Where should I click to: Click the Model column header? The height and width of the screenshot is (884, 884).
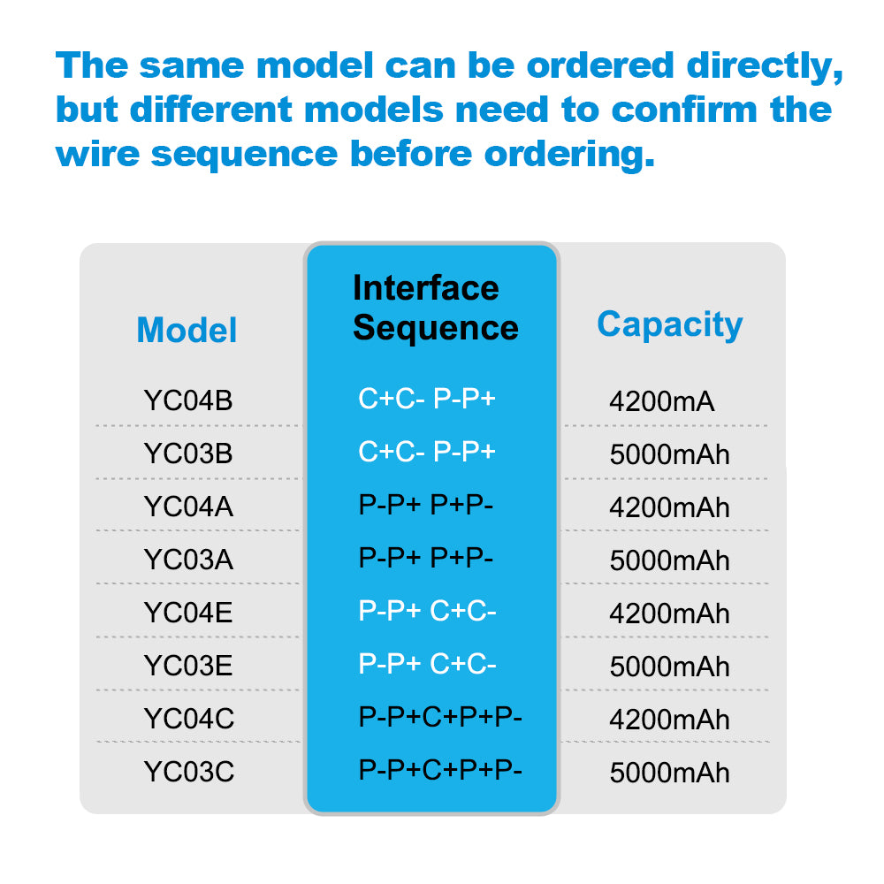click(x=187, y=331)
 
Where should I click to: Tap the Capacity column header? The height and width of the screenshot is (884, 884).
click(x=669, y=324)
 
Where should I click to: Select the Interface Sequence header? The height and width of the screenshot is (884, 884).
click(x=435, y=308)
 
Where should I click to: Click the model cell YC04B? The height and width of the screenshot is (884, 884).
click(x=188, y=400)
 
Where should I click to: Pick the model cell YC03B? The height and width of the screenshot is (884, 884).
click(x=188, y=453)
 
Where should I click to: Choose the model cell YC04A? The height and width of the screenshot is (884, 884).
click(x=188, y=507)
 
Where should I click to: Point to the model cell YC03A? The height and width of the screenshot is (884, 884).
click(x=188, y=560)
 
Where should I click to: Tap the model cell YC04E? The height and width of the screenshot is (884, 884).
click(x=188, y=613)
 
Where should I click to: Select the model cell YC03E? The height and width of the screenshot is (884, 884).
click(x=188, y=666)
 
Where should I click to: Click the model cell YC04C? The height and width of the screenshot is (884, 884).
click(x=188, y=719)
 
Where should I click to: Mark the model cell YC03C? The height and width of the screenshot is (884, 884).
click(x=188, y=772)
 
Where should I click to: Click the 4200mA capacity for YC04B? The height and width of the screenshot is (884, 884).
click(x=661, y=402)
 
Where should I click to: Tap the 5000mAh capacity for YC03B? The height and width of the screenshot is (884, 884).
click(x=669, y=454)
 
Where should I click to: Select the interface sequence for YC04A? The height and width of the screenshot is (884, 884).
click(x=426, y=506)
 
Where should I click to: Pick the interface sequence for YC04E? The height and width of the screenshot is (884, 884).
click(x=427, y=612)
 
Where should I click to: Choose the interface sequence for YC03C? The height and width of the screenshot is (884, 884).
click(x=440, y=770)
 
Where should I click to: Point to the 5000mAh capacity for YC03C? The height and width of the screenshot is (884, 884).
click(x=669, y=773)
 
